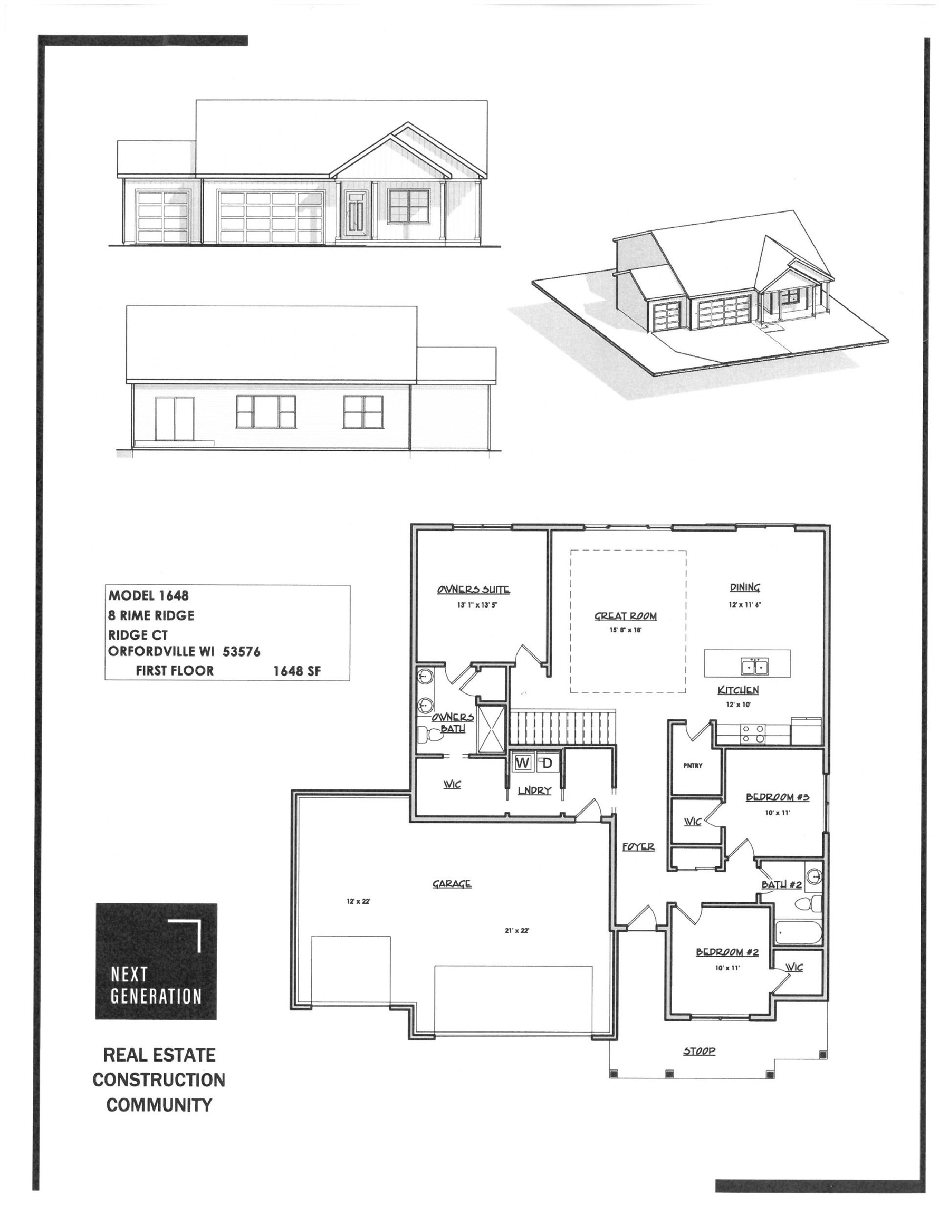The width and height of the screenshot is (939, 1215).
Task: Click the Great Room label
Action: point(625,616)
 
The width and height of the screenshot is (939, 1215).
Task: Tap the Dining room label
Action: point(745,587)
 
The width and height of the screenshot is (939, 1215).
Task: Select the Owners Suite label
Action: point(473,589)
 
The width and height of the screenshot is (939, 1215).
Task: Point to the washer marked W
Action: point(522,763)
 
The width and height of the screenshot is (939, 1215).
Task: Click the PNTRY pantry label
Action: point(693,766)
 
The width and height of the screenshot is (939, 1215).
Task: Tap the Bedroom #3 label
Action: point(777,797)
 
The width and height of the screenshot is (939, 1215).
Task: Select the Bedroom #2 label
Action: point(727,952)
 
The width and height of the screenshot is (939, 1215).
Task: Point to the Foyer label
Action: point(638,847)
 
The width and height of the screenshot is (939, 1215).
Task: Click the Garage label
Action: point(452,883)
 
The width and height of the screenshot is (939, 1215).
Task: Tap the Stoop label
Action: point(699,1051)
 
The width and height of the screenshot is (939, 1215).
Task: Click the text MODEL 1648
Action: point(149,595)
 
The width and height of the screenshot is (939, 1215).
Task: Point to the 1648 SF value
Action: point(296,671)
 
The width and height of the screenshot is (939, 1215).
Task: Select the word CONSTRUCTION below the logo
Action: point(159,1080)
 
